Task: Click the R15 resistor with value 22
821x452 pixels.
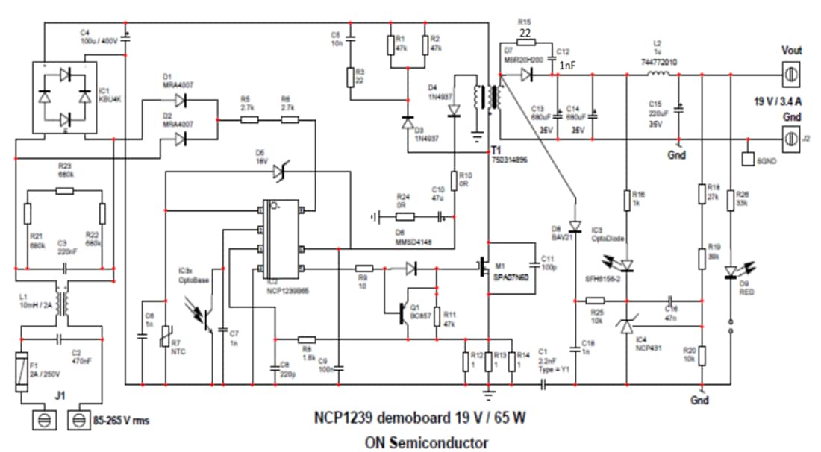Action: click(525, 43)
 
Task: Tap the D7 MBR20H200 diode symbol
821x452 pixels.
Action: click(528, 74)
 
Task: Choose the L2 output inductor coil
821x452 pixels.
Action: click(658, 74)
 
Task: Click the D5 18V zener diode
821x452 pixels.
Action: click(280, 172)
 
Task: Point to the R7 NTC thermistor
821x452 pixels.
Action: click(163, 341)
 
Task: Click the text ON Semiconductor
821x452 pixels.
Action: click(426, 442)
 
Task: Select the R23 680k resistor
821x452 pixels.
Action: click(64, 191)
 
